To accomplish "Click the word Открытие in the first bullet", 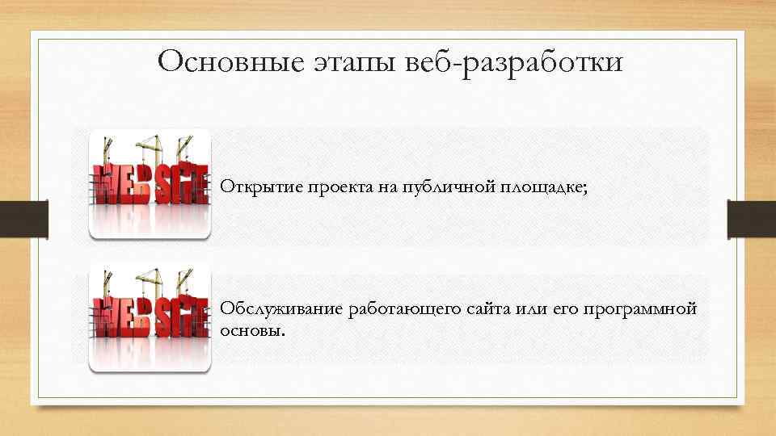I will (256, 188).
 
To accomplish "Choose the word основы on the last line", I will (252, 331).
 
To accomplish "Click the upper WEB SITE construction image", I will (150, 183).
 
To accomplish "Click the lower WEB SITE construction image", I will (150, 317).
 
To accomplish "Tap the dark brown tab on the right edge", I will (751, 219).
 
